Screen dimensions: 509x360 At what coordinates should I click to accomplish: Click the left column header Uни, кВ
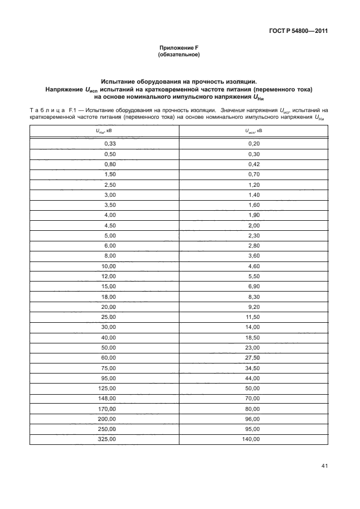point(104,132)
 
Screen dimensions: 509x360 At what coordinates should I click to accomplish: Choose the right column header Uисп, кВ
point(254,132)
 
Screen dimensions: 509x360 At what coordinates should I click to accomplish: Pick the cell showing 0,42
point(254,164)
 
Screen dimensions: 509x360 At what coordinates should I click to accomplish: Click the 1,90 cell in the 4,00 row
point(254,215)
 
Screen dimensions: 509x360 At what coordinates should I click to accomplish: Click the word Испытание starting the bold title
point(124,81)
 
